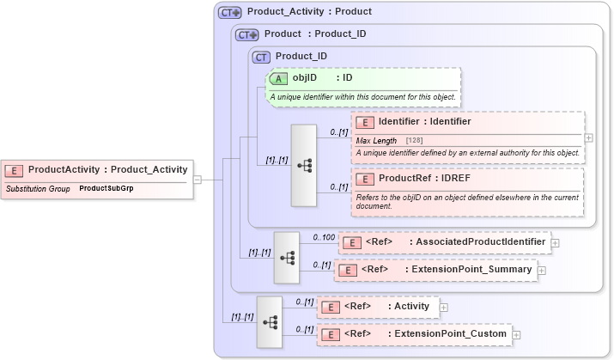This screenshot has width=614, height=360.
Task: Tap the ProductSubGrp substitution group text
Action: [x=106, y=187]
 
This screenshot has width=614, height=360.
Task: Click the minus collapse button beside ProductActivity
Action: [x=197, y=180]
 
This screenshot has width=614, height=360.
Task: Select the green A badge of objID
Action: [x=278, y=78]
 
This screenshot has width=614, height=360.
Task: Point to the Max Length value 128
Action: [x=414, y=140]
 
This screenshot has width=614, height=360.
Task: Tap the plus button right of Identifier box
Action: [x=588, y=137]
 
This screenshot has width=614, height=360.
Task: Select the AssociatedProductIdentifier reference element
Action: [x=444, y=242]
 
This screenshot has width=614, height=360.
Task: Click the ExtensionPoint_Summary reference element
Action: [x=435, y=270]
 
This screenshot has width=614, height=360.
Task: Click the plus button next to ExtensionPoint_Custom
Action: [x=516, y=333]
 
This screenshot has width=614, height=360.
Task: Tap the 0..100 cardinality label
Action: [x=324, y=236]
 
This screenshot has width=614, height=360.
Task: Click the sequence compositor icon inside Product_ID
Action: [x=304, y=165]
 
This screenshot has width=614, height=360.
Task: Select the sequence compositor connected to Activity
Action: [x=270, y=321]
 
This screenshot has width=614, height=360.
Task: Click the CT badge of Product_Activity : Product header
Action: [x=229, y=13]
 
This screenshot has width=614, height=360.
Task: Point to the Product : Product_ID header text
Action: [x=315, y=34]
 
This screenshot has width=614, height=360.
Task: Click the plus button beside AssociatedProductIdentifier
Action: [x=555, y=242]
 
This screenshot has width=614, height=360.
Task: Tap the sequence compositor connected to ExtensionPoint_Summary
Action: [x=287, y=257]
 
